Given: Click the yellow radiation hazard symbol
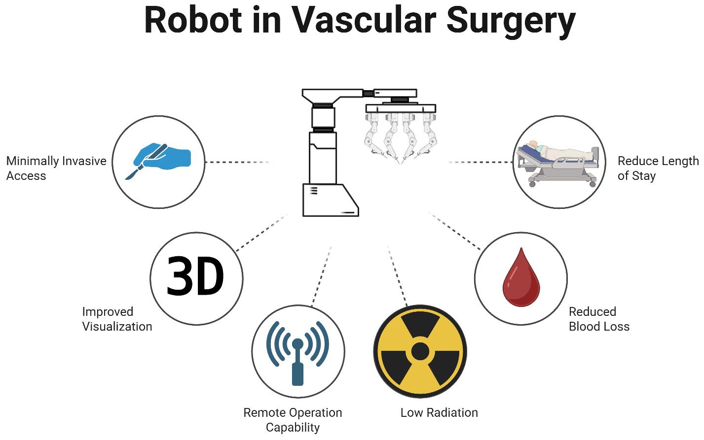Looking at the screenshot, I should tap(420, 351).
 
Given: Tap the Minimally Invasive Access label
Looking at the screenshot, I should tap(56, 168).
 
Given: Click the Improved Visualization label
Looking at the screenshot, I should tap(117, 319).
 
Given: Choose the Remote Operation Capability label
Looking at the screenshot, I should tap(293, 420).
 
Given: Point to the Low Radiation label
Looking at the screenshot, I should tap(439, 412).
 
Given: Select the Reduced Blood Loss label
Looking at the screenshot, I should tap(599, 319).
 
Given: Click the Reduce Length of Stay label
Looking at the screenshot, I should tap(658, 168).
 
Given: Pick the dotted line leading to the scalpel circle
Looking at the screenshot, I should tap(237, 162).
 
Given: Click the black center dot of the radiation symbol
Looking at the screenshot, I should tap(420, 351).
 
